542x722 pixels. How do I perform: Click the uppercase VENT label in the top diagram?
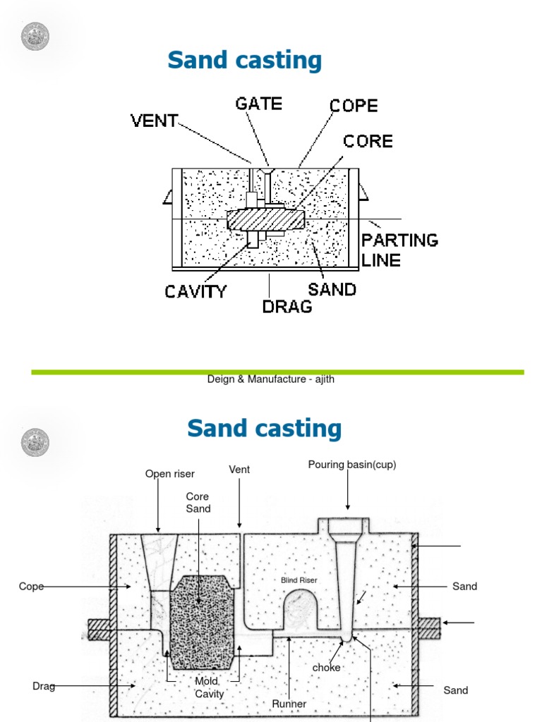(x=155, y=121)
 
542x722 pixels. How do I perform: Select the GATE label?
(x=258, y=104)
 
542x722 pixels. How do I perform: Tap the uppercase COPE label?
(x=354, y=106)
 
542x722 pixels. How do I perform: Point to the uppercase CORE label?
(x=368, y=141)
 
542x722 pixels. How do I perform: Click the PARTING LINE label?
(x=399, y=250)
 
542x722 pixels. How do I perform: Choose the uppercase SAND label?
(x=332, y=289)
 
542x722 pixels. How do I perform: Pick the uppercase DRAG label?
(x=287, y=307)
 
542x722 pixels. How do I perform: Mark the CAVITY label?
(x=196, y=291)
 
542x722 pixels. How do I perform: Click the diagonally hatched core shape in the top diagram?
(x=266, y=218)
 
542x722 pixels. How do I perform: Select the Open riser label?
(x=170, y=474)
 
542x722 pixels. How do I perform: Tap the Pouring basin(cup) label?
(x=347, y=464)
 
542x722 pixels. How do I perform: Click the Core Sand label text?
(x=198, y=502)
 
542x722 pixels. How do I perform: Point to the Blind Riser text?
(x=299, y=580)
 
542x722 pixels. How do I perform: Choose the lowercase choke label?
(x=326, y=667)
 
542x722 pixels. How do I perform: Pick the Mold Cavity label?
(x=210, y=687)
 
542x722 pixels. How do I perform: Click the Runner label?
(x=289, y=704)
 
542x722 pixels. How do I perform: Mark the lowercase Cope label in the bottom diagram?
(x=31, y=587)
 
